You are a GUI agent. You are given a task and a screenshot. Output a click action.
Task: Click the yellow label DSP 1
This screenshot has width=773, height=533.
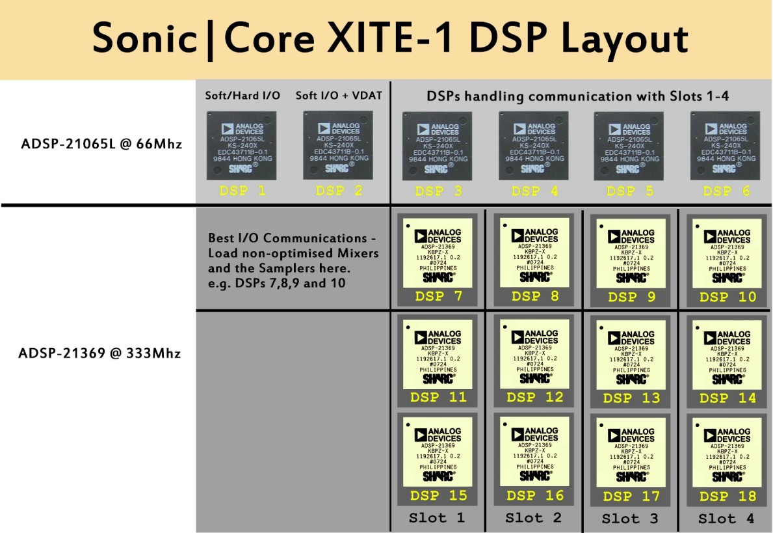(242, 191)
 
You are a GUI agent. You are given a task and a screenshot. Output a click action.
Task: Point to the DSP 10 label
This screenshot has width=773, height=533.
(727, 297)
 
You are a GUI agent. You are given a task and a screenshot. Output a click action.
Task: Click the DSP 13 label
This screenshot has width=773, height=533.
(631, 398)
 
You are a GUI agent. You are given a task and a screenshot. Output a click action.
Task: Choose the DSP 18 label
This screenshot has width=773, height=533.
(727, 496)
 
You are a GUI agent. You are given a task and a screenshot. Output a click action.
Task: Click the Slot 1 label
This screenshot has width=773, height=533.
(437, 518)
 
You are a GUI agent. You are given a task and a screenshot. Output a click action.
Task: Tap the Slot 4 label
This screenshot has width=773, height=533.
(726, 519)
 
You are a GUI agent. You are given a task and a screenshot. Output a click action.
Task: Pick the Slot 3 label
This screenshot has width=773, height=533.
(629, 519)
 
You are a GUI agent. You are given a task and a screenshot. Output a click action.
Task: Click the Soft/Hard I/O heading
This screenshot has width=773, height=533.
(242, 96)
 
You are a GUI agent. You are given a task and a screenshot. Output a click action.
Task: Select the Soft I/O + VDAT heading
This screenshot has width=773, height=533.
(339, 96)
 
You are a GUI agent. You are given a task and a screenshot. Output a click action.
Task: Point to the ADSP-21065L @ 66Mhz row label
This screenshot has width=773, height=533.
(101, 143)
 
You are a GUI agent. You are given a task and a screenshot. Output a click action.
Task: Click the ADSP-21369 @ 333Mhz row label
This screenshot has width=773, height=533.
(99, 353)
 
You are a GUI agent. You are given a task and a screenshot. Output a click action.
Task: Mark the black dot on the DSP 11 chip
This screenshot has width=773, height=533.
(408, 325)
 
